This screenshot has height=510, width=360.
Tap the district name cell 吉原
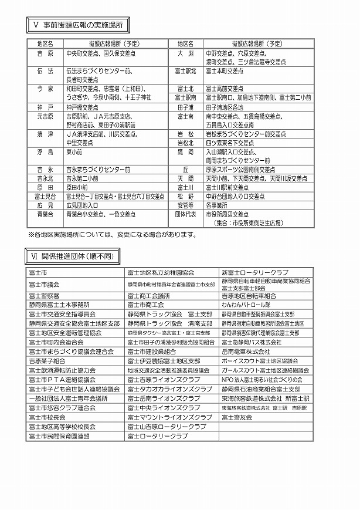[x=45, y=53]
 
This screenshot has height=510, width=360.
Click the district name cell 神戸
[x=45, y=107]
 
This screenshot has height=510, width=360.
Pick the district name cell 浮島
[x=45, y=151]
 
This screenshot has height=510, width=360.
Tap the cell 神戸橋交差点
[x=82, y=107]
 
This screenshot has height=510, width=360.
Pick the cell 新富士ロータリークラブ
[x=254, y=273]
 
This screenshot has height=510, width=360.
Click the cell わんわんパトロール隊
[x=247, y=305]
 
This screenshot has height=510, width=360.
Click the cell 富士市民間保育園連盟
[x=58, y=437]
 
